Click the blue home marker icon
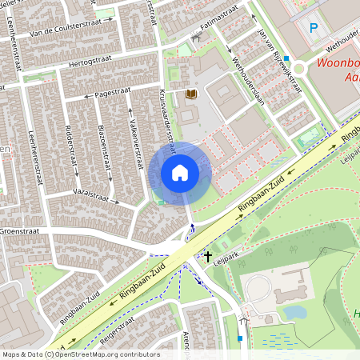tap(180, 172)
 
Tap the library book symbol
tap(190, 94)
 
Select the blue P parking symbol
tap(314, 28)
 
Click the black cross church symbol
tap(208, 257)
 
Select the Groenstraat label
tap(19, 230)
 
